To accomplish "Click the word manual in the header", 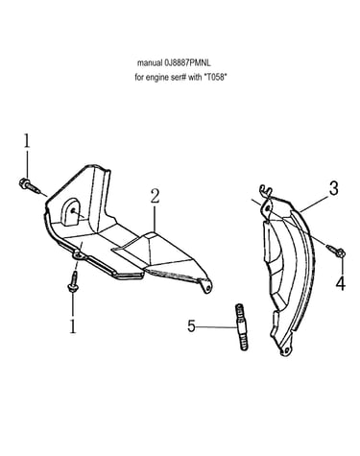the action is [x=150, y=63].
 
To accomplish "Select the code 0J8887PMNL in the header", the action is [x=187, y=63].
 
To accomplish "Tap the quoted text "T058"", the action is [x=215, y=78].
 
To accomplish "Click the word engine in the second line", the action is [x=156, y=78].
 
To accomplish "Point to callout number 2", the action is [x=155, y=196].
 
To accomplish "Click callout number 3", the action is [x=333, y=188].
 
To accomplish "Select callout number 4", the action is [x=341, y=283].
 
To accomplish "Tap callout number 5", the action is [x=191, y=326].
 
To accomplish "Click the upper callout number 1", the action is [x=27, y=141].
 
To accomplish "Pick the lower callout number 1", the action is [x=73, y=325].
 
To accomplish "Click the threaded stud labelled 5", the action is [x=243, y=326].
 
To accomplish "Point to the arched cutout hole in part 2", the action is [x=71, y=212].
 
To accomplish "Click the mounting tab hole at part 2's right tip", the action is [x=208, y=287].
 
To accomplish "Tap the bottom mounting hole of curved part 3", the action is [x=285, y=350].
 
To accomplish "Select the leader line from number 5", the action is [x=217, y=326].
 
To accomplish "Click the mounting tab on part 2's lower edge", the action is [x=79, y=256].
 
